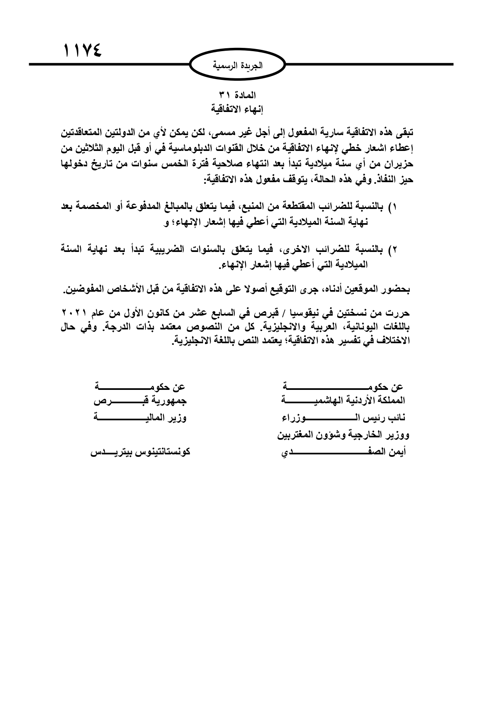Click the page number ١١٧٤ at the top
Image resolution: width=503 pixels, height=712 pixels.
point(82,51)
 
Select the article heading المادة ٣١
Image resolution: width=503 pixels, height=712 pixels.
point(238,95)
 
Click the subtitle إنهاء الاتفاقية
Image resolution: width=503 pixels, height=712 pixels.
point(238,109)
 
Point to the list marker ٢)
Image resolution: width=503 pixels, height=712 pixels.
point(392,248)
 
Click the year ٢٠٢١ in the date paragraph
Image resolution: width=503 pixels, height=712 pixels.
point(75,313)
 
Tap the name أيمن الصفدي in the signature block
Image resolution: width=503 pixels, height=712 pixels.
point(342,451)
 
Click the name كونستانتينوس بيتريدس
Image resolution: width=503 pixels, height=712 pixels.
point(139,451)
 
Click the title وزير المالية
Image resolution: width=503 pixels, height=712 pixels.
point(139,418)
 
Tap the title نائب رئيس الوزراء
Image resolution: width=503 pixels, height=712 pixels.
point(342,418)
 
